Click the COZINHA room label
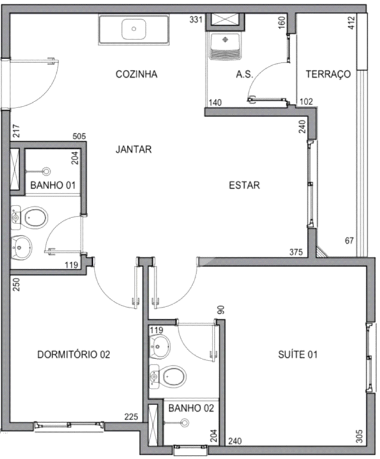[x=136, y=75]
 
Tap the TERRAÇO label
[x=327, y=75]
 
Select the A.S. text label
[x=244, y=75]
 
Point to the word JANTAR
[x=133, y=149]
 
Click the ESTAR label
[x=244, y=185]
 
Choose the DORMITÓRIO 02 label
[x=74, y=354]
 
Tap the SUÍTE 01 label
[x=297, y=355]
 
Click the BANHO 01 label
[x=53, y=186]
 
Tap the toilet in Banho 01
[x=35, y=218]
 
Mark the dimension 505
[x=79, y=136]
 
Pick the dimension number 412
[x=351, y=23]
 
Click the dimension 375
[x=296, y=252]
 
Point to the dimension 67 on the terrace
[x=349, y=241]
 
